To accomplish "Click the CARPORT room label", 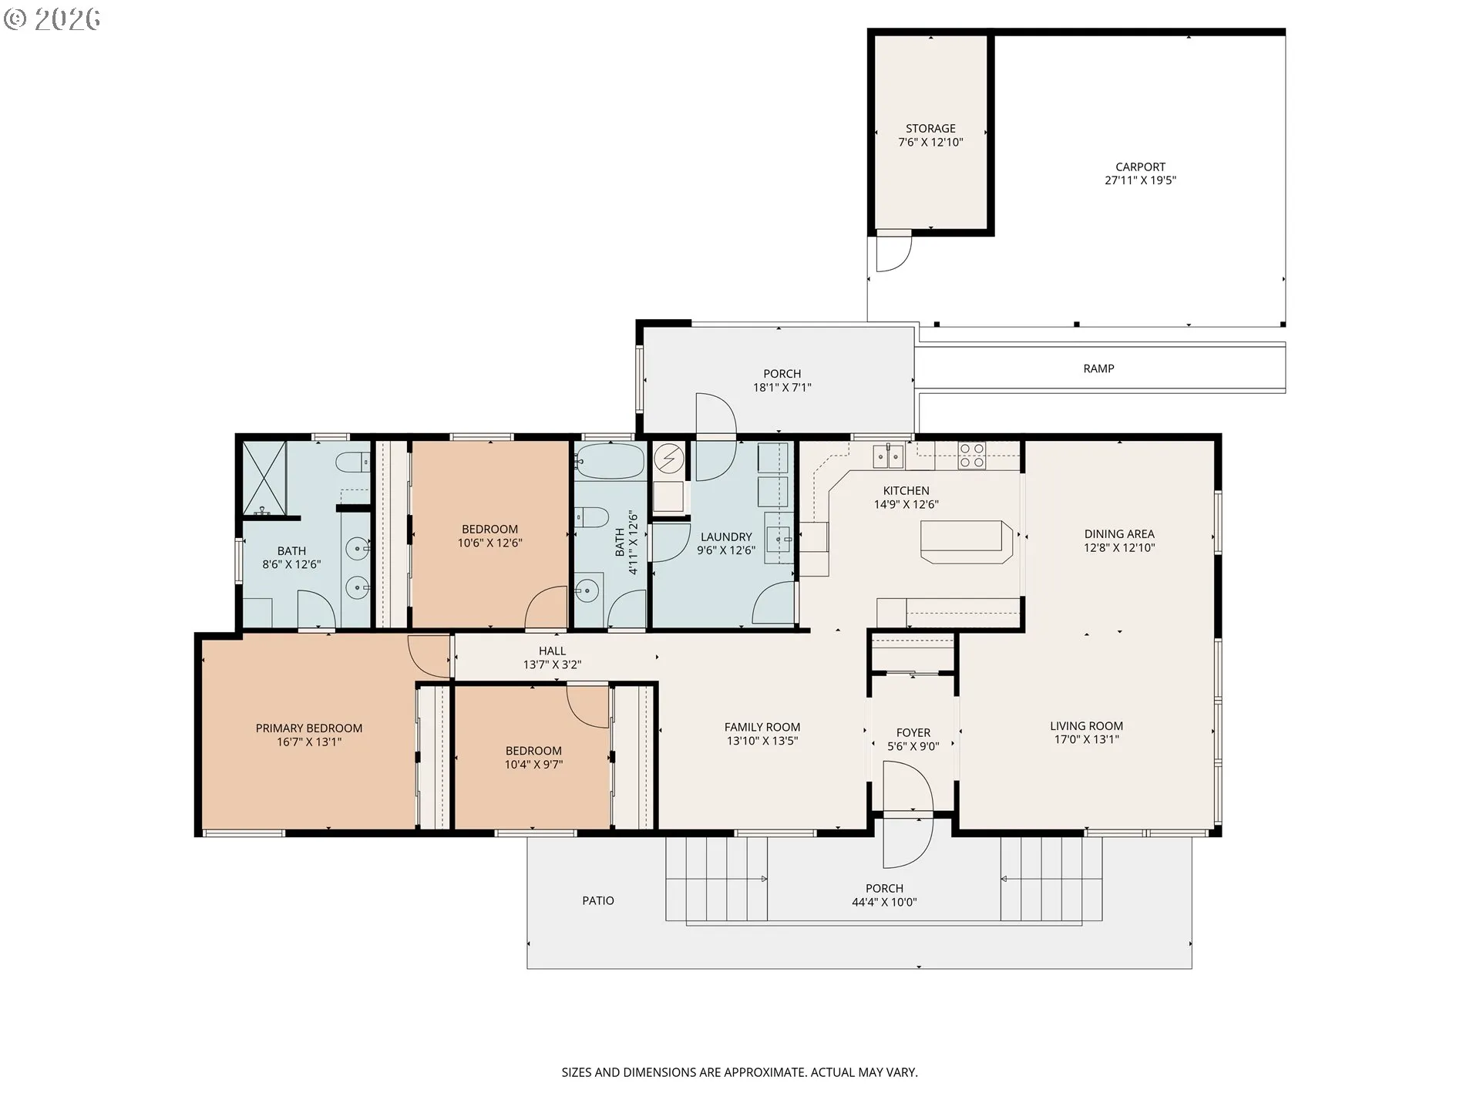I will pyautogui.click(x=1140, y=166).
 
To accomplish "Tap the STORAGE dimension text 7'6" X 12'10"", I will pyautogui.click(x=930, y=143).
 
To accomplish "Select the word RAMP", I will pyautogui.click(x=1098, y=368).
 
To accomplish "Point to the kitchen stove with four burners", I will pyautogui.click(x=971, y=455).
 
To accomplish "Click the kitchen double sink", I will pyautogui.click(x=889, y=456).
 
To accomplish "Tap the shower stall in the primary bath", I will pyautogui.click(x=264, y=478).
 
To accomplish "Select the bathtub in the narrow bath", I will pyautogui.click(x=609, y=461).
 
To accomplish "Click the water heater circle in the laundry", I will pyautogui.click(x=668, y=460).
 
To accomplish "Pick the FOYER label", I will pyautogui.click(x=913, y=732).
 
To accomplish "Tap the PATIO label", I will pyautogui.click(x=597, y=900).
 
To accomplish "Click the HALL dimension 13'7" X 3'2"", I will pyautogui.click(x=552, y=664).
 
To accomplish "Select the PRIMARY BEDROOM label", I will pyautogui.click(x=308, y=728).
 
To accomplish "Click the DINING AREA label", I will pyautogui.click(x=1118, y=533).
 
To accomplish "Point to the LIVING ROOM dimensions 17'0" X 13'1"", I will pyautogui.click(x=1086, y=739).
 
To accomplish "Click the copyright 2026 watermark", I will pyautogui.click(x=52, y=18).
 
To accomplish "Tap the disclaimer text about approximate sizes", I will pyautogui.click(x=739, y=1072).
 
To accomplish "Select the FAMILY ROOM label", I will pyautogui.click(x=762, y=727).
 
